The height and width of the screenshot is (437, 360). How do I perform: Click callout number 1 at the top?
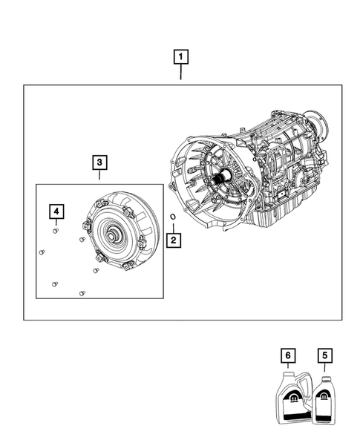pyautogui.click(x=180, y=56)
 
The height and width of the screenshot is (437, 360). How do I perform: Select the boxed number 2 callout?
pyautogui.click(x=172, y=240)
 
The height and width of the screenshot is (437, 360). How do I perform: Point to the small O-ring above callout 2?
pyautogui.click(x=172, y=218)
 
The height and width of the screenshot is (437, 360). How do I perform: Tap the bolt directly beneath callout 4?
pyautogui.click(x=56, y=231)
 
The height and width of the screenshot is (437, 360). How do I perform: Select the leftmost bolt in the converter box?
pyautogui.click(x=42, y=253)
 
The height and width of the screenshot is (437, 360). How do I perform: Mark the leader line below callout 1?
pyautogui.click(x=180, y=74)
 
